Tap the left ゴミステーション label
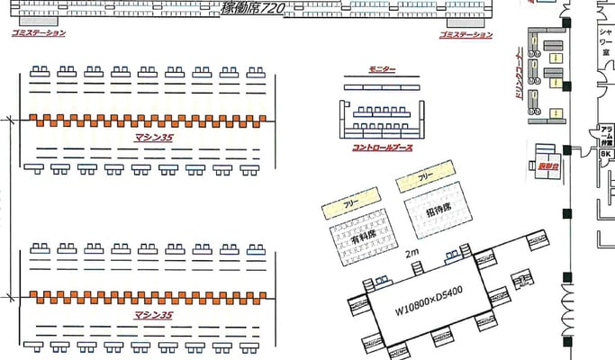pyautogui.click(x=39, y=33)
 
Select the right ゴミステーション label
pyautogui.click(x=466, y=34)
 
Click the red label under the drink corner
pyautogui.click(x=547, y=166)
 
